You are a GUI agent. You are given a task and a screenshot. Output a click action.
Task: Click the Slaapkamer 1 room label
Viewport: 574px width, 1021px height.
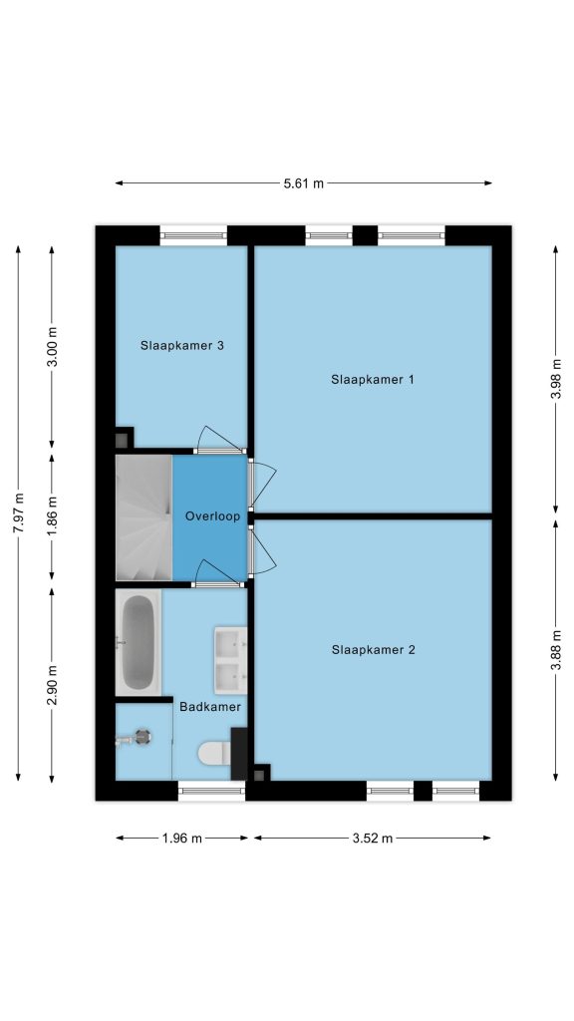(373, 380)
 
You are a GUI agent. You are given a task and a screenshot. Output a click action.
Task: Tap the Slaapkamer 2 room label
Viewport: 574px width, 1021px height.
(373, 650)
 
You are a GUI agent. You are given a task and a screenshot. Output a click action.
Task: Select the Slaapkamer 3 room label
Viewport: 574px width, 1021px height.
(182, 346)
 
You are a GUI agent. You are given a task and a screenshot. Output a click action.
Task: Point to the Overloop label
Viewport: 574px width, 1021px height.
(213, 516)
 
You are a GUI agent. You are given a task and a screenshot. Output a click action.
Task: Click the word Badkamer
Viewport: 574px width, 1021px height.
(210, 707)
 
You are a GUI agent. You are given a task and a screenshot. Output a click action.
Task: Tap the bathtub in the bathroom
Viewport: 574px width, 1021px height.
(138, 643)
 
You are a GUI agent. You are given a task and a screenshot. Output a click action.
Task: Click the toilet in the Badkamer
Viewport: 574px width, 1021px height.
(214, 754)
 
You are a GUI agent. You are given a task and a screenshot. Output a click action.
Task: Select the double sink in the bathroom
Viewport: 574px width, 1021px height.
(230, 661)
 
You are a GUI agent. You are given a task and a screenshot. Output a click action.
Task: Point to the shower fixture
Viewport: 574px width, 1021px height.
(135, 739)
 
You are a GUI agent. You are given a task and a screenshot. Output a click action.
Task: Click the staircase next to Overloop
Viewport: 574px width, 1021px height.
(143, 517)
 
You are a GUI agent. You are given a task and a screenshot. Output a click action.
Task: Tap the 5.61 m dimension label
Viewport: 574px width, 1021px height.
(303, 183)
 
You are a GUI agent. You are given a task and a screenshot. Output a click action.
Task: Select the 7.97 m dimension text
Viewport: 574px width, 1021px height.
(18, 513)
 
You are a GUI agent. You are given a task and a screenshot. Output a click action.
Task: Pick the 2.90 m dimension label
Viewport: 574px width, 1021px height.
(52, 684)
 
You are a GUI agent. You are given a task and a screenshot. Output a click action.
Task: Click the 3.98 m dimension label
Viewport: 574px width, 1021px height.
(556, 380)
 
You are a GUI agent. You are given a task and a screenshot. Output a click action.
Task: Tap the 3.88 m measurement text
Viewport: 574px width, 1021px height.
(556, 650)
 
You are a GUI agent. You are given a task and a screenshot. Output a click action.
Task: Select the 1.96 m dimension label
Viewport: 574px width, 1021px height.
(182, 839)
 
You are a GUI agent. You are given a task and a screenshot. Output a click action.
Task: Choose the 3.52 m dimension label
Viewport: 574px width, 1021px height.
(373, 839)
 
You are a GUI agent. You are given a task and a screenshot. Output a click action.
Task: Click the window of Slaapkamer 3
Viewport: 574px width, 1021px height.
(194, 235)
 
